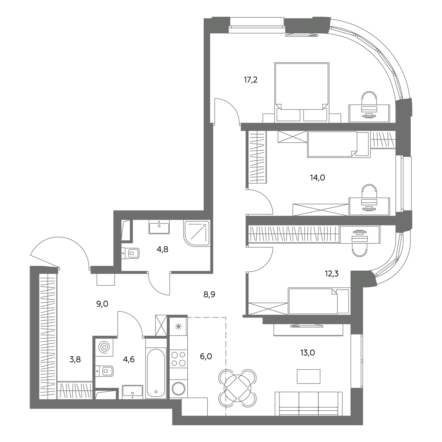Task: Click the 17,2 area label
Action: click(x=251, y=80)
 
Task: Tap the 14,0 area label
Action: click(x=318, y=178)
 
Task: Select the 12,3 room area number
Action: click(x=332, y=274)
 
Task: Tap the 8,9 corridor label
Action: click(x=209, y=294)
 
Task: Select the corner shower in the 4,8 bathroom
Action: click(x=197, y=233)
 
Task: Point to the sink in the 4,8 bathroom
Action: click(x=159, y=227)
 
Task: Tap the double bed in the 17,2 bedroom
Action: click(x=302, y=92)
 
